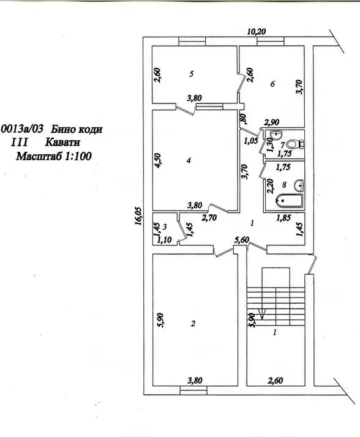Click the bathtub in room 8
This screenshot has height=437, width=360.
coord(289,201)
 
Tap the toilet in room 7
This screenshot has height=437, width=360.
coord(295,144)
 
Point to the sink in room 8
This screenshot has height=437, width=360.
coord(299,185)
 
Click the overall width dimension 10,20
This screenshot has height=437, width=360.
coord(257,31)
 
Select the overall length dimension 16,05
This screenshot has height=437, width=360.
coord(139,215)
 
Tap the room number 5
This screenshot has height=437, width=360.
coord(191,74)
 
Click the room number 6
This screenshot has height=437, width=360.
coord(272,84)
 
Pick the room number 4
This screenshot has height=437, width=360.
coord(189,160)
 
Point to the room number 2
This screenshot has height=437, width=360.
coord(193,324)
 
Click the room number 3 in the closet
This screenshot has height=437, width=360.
coord(165,227)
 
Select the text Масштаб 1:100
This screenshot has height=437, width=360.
coord(53,156)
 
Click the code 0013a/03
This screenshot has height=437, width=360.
coord(22,129)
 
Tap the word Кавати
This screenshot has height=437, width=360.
coord(62,142)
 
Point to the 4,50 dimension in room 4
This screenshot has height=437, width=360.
coord(157,160)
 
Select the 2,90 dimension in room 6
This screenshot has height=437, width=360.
coord(272,122)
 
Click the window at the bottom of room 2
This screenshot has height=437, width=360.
coord(193,390)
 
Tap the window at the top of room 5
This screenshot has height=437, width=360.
coord(192,42)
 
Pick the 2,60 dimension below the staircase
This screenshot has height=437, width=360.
coord(276,380)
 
